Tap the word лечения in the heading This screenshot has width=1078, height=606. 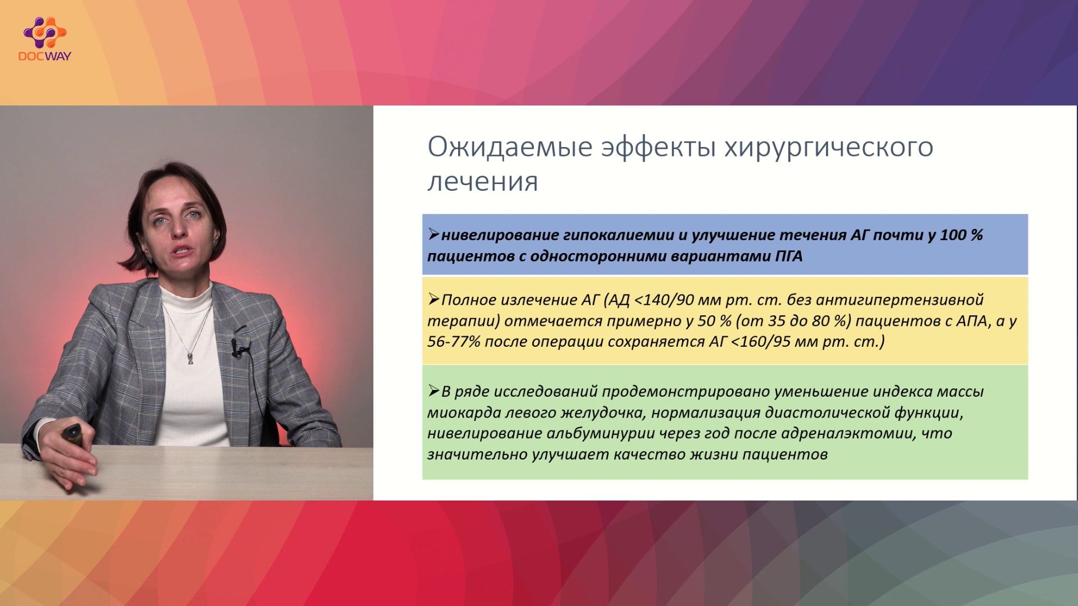[x=483, y=181]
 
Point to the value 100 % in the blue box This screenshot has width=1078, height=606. [x=961, y=235]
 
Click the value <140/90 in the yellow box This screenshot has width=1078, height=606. [x=664, y=300]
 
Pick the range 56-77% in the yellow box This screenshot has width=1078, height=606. [x=454, y=341]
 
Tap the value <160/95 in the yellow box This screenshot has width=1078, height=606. [x=761, y=341]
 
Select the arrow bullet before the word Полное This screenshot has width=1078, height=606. [x=433, y=299]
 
